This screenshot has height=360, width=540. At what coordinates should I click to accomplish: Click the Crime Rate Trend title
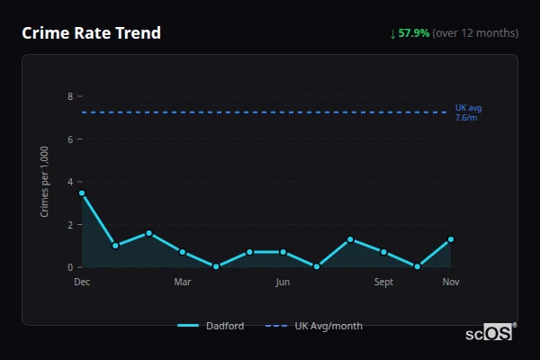tap(91, 33)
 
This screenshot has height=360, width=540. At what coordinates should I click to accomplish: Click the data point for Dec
tap(82, 193)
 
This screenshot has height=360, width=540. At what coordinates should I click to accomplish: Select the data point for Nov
tap(451, 239)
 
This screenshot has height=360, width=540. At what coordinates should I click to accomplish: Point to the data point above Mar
tap(183, 252)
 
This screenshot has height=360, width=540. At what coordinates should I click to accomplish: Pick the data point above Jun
tap(283, 252)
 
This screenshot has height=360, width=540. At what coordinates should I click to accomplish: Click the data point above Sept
tap(383, 252)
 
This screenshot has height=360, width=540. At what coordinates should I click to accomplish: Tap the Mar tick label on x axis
tap(183, 283)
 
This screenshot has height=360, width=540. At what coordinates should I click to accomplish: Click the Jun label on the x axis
tap(283, 283)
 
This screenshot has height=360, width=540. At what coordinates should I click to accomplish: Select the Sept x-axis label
tap(383, 283)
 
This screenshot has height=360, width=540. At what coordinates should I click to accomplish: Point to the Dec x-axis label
tap(82, 283)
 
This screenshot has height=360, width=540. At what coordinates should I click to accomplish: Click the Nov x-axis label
tap(451, 283)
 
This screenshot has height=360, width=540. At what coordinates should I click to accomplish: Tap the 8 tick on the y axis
tap(69, 96)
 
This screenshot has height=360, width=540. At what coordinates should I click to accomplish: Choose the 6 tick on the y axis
tap(69, 139)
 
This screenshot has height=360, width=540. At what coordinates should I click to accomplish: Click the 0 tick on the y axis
tap(69, 267)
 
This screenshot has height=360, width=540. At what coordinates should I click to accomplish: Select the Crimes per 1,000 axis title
tap(45, 182)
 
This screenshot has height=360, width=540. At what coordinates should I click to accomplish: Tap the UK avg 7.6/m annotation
tap(468, 112)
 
